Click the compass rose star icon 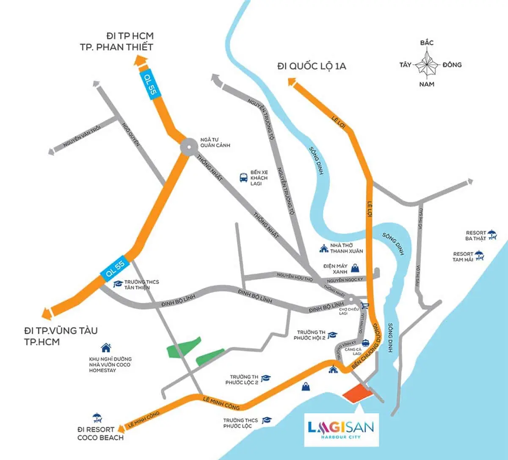pyautogui.click(x=426, y=64)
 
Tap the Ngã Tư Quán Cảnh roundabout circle pyautogui.click(x=188, y=147)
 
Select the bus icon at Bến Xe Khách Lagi pyautogui.click(x=243, y=177)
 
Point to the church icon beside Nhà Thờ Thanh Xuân pyautogui.click(x=324, y=248)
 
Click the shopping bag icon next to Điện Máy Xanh pyautogui.click(x=356, y=267)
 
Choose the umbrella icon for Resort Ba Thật pyautogui.click(x=491, y=234)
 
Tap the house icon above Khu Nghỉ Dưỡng pyautogui.click(x=106, y=348)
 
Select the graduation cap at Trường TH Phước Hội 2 pyautogui.click(x=332, y=335)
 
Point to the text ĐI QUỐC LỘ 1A pyautogui.click(x=312, y=66)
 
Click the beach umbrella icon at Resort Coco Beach pyautogui.click(x=97, y=418)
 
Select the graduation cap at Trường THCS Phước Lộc pyautogui.click(x=267, y=420)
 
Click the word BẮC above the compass pyautogui.click(x=427, y=43)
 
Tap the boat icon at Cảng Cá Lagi pyautogui.click(x=365, y=343)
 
